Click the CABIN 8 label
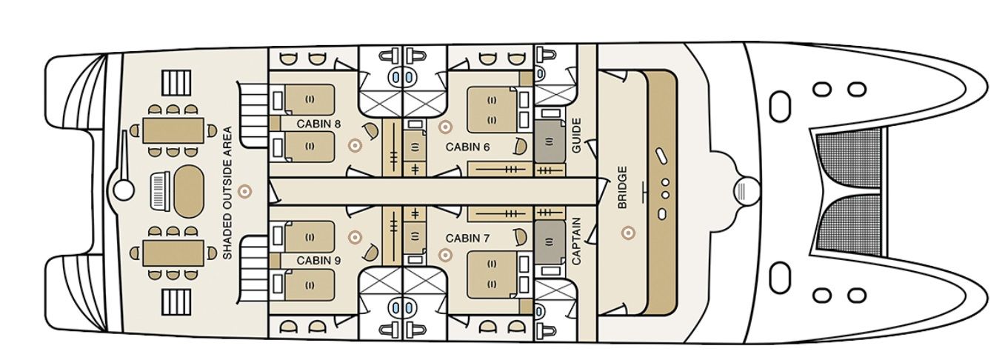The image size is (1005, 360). pyautogui.click(x=318, y=124)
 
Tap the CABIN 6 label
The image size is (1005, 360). pyautogui.click(x=467, y=147)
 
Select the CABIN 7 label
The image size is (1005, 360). pyautogui.click(x=467, y=239)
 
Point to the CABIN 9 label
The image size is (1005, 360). pyautogui.click(x=318, y=260)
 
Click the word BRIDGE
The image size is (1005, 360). pyautogui.click(x=622, y=187)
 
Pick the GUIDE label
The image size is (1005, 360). pyautogui.click(x=576, y=135)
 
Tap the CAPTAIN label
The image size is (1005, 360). pyautogui.click(x=576, y=241)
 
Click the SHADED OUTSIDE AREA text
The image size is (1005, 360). pyautogui.click(x=227, y=193)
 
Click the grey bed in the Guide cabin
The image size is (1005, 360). pyautogui.click(x=550, y=141)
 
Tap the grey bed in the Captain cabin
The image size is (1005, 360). pyautogui.click(x=550, y=242)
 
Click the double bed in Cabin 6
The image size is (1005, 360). pyautogui.click(x=493, y=110)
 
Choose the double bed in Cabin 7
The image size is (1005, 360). pyautogui.click(x=493, y=274)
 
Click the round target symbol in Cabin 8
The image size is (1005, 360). pyautogui.click(x=355, y=145)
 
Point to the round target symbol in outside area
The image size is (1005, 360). pyautogui.click(x=244, y=191)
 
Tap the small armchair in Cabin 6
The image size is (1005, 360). pyautogui.click(x=521, y=145)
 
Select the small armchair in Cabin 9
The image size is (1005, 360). pyautogui.click(x=371, y=253)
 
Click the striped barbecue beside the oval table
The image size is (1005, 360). pyautogui.click(x=158, y=191)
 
